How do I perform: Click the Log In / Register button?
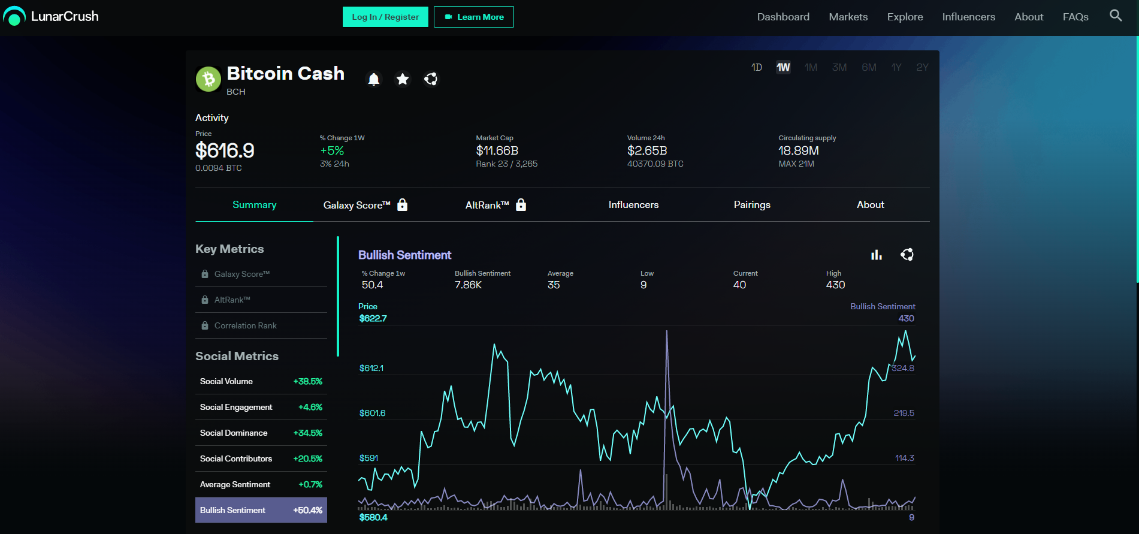coord(385,17)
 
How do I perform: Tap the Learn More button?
coord(474,17)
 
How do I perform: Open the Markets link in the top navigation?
coord(848,17)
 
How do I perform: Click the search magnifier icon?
coord(1116,16)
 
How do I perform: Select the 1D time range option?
coord(757,67)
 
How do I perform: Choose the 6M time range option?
coord(869,67)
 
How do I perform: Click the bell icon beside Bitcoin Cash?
coord(374,79)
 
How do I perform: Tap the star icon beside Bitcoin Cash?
coord(403,79)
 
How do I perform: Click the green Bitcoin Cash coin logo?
coord(209,79)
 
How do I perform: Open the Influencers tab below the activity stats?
coord(633,205)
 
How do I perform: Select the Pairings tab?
coord(752,205)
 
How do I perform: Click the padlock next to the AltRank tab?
coord(521,204)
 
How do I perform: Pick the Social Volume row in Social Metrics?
coord(261,381)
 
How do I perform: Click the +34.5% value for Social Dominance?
coord(308,433)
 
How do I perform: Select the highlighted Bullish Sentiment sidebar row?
coord(261,510)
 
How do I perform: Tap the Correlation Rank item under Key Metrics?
coord(246,325)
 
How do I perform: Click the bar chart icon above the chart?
coord(877,255)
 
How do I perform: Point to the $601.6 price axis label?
coord(373,413)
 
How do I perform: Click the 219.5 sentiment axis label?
coord(904,413)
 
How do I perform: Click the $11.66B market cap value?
coord(497,150)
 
